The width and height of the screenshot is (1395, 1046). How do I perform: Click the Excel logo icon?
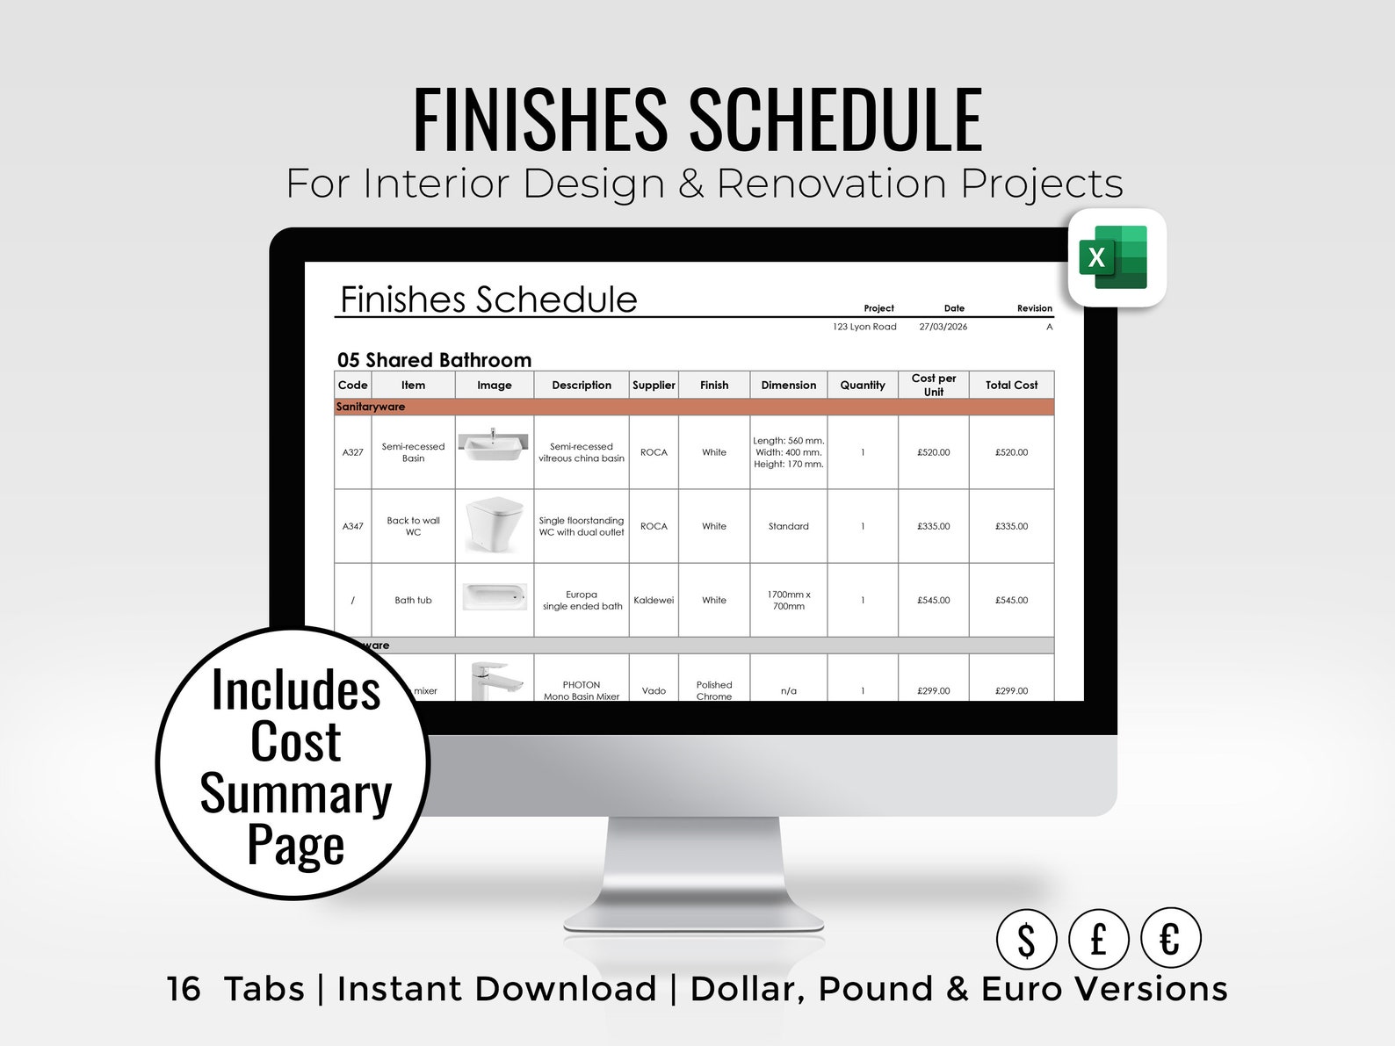tap(1116, 257)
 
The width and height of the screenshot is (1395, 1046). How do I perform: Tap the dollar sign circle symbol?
tap(1026, 939)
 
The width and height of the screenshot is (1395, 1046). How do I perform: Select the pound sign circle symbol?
tap(1098, 939)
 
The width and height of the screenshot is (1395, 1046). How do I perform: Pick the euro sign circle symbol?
tap(1170, 939)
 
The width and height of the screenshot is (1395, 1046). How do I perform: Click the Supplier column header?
tap(654, 385)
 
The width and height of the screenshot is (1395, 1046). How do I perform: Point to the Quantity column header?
tap(862, 385)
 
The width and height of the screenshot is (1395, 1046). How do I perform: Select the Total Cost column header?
tap(1011, 385)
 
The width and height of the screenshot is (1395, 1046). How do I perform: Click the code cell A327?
tap(352, 452)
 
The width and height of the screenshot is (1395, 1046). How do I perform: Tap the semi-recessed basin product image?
tap(494, 445)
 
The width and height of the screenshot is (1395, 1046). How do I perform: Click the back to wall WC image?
tap(494, 524)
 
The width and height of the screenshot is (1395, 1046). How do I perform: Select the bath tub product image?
tap(494, 597)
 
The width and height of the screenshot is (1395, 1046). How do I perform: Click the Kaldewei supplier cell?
tap(654, 601)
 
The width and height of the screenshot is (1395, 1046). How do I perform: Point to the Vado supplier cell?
tap(654, 691)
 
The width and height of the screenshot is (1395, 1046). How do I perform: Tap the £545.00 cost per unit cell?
tap(933, 601)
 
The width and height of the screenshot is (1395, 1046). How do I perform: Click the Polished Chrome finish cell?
tap(714, 690)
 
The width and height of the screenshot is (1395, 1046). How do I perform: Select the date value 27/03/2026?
tap(943, 327)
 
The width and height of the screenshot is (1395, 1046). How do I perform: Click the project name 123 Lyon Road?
tap(864, 327)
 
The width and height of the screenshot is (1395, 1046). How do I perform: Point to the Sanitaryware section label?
tap(371, 407)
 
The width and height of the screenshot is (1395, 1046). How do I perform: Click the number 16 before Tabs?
tap(184, 989)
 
